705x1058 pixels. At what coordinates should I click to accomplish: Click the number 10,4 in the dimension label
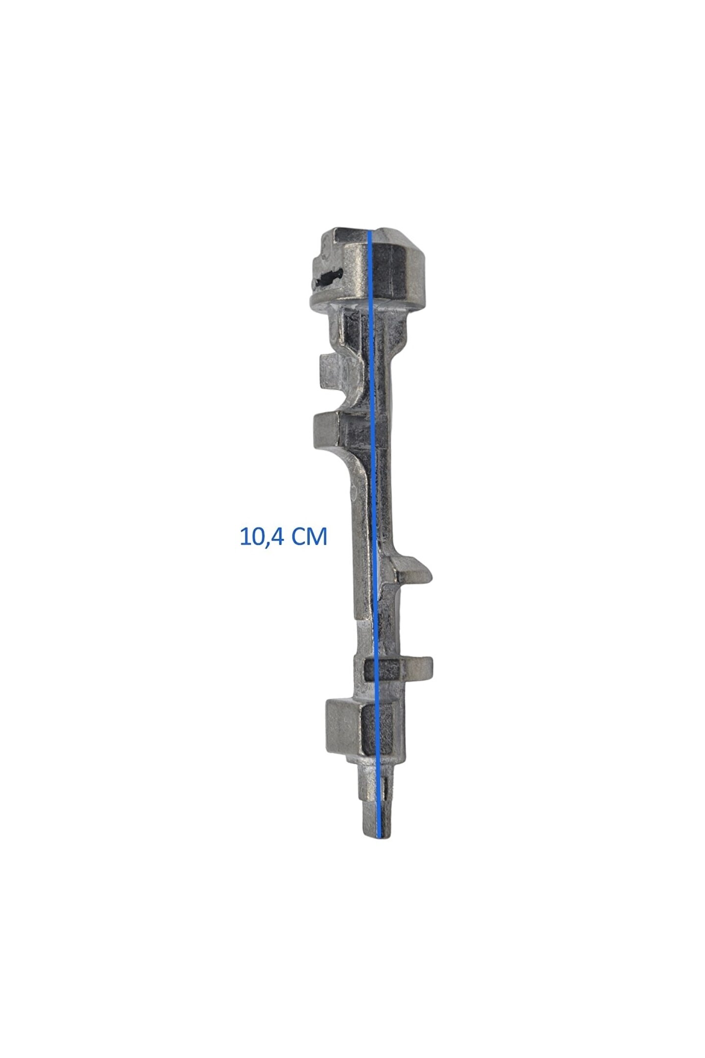point(261,536)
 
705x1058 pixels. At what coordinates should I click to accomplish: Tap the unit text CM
point(309,536)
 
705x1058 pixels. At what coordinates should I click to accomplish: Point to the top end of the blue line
point(370,232)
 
